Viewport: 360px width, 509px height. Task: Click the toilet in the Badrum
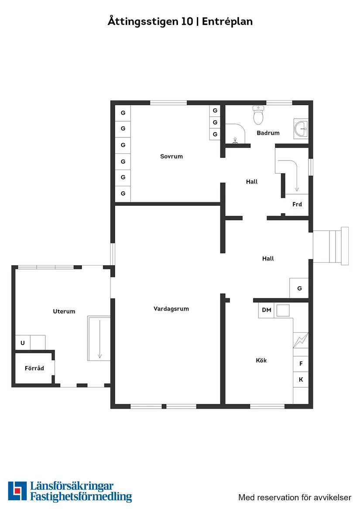tap(258, 115)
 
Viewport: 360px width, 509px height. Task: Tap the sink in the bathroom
tap(301, 129)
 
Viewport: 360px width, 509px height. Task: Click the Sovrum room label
tap(171, 157)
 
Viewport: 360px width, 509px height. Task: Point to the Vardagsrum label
tap(171, 309)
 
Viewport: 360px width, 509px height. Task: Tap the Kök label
tap(261, 360)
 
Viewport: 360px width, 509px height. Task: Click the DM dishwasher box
tap(267, 310)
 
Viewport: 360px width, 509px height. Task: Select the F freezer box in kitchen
tap(301, 364)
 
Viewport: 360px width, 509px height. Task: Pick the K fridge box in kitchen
tap(301, 379)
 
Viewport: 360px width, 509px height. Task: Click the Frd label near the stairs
tap(297, 204)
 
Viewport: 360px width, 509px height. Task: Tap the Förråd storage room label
tap(34, 368)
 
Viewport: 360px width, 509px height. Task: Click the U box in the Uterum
tap(23, 343)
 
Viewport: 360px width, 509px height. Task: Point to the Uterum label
tap(64, 311)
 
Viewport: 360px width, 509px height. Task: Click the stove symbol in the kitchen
tap(301, 340)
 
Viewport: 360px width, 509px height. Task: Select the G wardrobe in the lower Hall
tap(299, 288)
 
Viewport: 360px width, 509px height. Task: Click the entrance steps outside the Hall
tap(331, 246)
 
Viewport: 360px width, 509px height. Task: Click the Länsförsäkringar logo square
tap(17, 491)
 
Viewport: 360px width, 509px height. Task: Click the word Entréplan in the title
tap(227, 21)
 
